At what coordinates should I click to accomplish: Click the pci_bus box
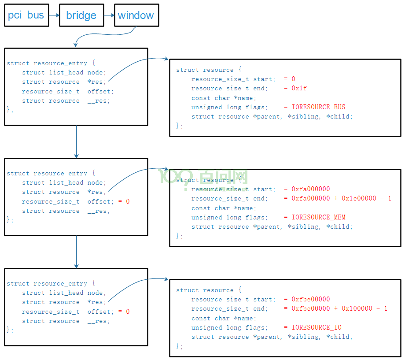26,15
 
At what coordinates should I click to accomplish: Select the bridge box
81,15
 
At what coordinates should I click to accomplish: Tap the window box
136,15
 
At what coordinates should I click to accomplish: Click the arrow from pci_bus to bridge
54,15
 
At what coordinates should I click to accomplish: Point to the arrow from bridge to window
109,15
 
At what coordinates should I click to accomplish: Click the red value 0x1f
299,88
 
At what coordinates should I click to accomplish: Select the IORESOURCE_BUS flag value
318,107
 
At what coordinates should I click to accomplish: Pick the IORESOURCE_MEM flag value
318,217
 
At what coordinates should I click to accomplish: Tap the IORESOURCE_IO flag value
317,327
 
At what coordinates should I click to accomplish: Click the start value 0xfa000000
311,189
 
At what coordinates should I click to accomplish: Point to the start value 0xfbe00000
311,299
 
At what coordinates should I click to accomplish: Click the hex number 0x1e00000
359,198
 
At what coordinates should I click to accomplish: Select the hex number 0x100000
357,308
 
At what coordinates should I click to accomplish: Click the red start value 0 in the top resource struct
294,79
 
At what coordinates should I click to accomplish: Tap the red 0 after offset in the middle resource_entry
128,201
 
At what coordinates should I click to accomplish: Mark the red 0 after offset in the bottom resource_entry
128,312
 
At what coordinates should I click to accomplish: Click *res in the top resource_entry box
96,82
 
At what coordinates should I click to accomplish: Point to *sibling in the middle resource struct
304,227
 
